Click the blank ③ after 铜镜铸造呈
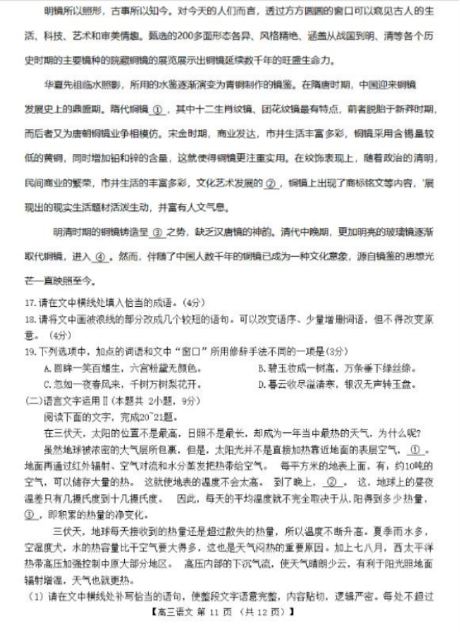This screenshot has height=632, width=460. [157, 232]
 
